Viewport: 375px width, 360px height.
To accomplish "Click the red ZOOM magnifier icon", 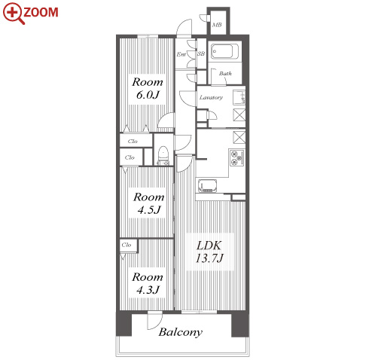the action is (x=14, y=13).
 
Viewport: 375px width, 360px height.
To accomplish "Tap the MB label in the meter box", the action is (x=217, y=25).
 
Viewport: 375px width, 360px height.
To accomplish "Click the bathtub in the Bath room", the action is (x=224, y=51).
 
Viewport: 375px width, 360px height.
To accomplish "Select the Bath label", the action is (x=225, y=74).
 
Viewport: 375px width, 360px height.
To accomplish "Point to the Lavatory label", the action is (x=211, y=97).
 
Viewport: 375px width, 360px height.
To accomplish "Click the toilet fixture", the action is (x=163, y=156).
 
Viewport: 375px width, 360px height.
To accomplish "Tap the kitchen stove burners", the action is (x=236, y=157).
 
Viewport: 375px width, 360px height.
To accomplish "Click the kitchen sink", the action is (x=208, y=186).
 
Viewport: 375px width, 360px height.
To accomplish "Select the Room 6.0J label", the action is (x=148, y=89).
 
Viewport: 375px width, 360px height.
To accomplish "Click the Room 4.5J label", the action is (x=149, y=203).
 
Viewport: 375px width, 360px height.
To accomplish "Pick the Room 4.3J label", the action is (x=148, y=283).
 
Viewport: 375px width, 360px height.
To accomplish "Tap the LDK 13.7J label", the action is (x=209, y=252).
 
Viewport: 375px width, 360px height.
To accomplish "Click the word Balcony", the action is (x=181, y=332).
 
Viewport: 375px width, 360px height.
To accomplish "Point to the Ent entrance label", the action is (x=181, y=54).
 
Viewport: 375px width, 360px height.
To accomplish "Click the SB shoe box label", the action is (x=201, y=53).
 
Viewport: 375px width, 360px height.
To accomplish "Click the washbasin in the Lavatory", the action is (x=239, y=97).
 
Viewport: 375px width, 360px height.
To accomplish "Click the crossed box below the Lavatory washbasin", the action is (x=239, y=115).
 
